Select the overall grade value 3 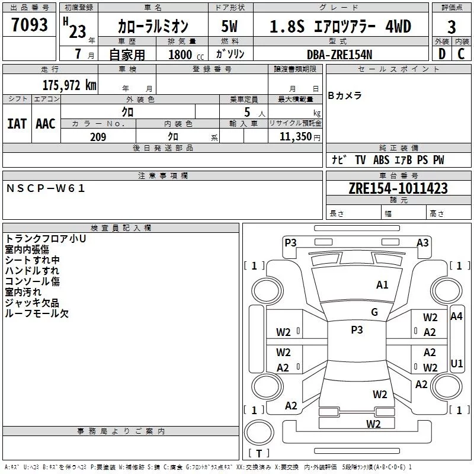pos(451,27)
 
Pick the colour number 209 pos(98,137)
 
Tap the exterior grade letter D pos(441,54)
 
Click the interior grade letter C pos(462,54)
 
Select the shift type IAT pos(17,123)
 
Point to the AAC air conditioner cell pos(46,123)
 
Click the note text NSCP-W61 pos(46,188)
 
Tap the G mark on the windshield pos(374,312)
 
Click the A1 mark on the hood pos(382,285)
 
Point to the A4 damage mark pos(456,316)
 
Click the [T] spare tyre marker pos(258,454)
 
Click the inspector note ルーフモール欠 pos(37,313)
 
